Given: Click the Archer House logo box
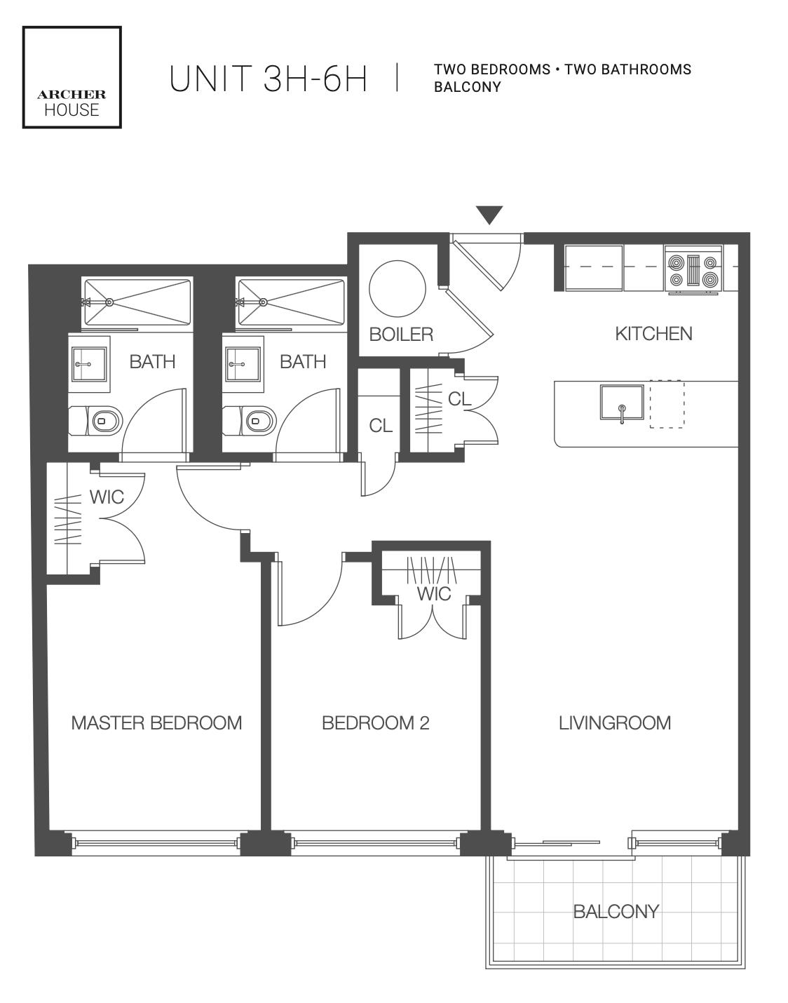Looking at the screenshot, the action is click(x=72, y=78).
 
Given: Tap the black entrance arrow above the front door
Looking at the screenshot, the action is click(x=489, y=214).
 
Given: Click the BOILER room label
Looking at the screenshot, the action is click(x=401, y=334).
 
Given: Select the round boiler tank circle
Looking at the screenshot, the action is click(x=398, y=288).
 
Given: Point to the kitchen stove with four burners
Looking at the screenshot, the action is click(x=693, y=269).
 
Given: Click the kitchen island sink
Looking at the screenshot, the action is click(x=621, y=403).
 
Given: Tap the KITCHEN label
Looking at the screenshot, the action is click(x=653, y=334).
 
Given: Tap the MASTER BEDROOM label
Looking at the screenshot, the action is click(x=156, y=723).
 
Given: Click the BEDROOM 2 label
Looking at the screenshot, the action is click(x=376, y=723).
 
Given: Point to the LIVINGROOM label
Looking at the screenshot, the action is click(x=615, y=723).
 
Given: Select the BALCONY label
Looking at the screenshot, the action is click(x=616, y=912).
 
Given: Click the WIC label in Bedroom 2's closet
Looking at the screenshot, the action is click(x=434, y=594).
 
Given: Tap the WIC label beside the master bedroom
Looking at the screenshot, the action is click(x=107, y=497).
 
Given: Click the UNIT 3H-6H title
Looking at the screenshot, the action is click(x=268, y=79).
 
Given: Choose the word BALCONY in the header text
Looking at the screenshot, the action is click(x=468, y=87).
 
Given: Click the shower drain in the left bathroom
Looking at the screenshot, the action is click(x=109, y=302).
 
